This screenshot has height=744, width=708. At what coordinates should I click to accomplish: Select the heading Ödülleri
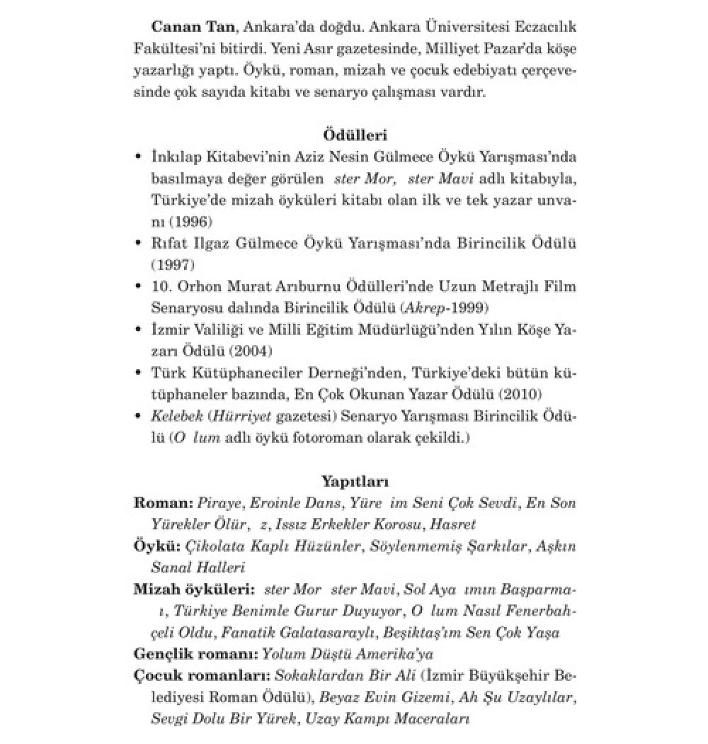[354, 135]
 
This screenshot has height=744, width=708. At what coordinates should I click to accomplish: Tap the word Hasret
[454, 525]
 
